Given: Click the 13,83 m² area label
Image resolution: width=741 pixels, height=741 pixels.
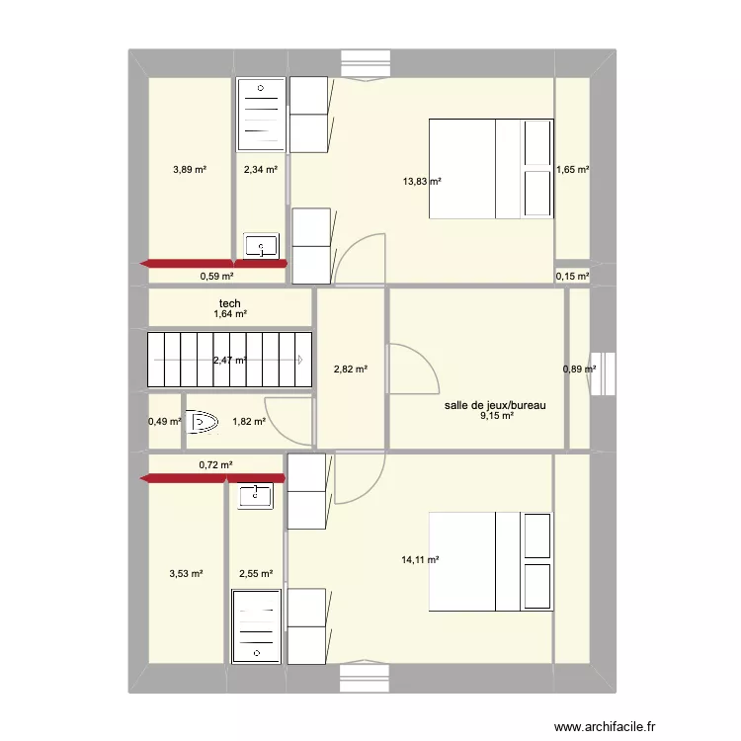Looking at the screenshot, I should [x=421, y=182].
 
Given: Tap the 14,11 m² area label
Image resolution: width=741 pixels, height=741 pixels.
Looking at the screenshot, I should [x=421, y=560].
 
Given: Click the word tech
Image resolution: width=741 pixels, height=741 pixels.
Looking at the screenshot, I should [x=229, y=303].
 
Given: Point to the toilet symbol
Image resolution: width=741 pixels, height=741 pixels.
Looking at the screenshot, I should [x=203, y=422].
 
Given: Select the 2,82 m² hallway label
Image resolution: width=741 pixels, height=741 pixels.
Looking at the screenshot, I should [x=351, y=370].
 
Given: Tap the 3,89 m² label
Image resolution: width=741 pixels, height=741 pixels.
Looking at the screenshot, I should [x=189, y=170].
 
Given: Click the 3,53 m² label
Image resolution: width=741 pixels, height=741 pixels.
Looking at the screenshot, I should [x=186, y=573].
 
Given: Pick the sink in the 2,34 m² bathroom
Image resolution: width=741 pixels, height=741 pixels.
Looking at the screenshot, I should [x=262, y=245].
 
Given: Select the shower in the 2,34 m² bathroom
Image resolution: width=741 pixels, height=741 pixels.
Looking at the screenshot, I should [x=261, y=116].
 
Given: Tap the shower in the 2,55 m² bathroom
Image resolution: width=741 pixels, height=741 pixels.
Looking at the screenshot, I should [x=257, y=625].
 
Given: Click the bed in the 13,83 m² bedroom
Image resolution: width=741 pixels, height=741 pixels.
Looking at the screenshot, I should [x=490, y=168].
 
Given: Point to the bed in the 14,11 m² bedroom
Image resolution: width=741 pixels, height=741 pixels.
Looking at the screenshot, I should [x=490, y=560].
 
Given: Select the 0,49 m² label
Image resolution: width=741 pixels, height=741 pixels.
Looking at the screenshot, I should [x=165, y=422].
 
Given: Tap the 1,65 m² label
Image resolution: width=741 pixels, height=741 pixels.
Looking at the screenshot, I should [x=572, y=170].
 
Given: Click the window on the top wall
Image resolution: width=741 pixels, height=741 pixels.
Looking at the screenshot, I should [x=365, y=61].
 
